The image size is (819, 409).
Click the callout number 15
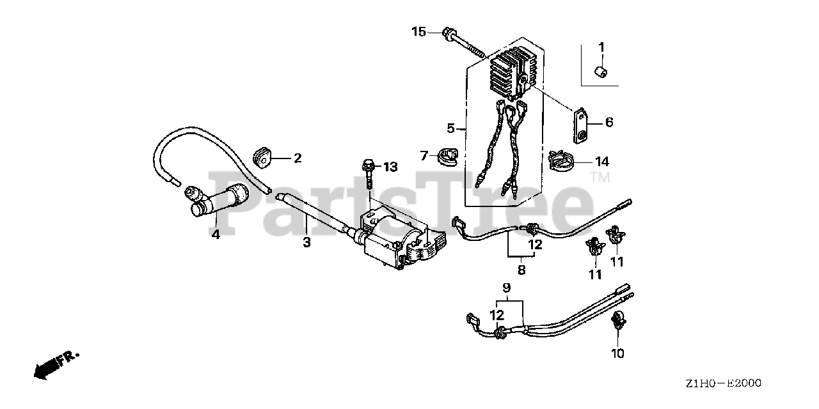tap(418, 31)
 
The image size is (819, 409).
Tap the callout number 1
tap(601, 47)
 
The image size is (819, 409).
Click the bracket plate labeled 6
tap(580, 125)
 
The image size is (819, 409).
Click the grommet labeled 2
tap(262, 156)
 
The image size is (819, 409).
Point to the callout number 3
tap(306, 242)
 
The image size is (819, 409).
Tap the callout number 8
tap(521, 270)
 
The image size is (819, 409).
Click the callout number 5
tap(451, 128)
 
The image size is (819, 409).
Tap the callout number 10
tap(617, 352)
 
